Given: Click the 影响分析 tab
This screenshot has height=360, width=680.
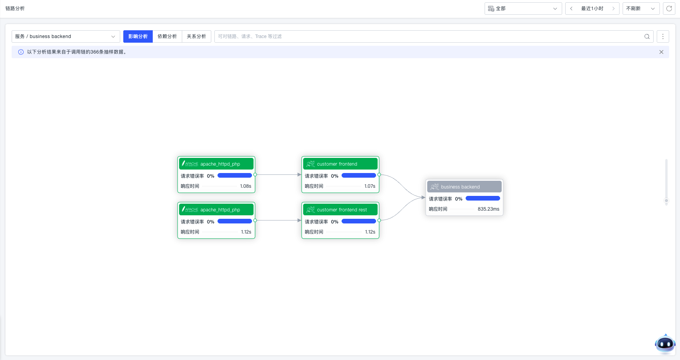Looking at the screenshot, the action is pyautogui.click(x=138, y=36).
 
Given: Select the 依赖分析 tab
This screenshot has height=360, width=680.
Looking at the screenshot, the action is pyautogui.click(x=167, y=36).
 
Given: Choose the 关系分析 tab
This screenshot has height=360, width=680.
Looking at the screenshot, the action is pyautogui.click(x=196, y=36).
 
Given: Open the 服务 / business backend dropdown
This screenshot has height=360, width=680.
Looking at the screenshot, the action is pyautogui.click(x=66, y=36).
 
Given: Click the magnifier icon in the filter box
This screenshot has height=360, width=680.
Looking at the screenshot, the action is pyautogui.click(x=647, y=36).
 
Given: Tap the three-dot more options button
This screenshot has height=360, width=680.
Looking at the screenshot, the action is pyautogui.click(x=663, y=36).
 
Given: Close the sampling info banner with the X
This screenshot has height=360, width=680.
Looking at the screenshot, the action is pyautogui.click(x=661, y=52).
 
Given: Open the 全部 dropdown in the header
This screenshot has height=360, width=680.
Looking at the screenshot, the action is pyautogui.click(x=523, y=9).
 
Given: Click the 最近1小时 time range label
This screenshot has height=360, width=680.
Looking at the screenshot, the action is pyautogui.click(x=592, y=9).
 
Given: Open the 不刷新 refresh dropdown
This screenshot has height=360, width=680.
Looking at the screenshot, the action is pyautogui.click(x=641, y=9).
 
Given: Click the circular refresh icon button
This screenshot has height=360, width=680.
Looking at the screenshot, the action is pyautogui.click(x=669, y=9).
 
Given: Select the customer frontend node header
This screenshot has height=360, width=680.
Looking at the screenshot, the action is pyautogui.click(x=340, y=164).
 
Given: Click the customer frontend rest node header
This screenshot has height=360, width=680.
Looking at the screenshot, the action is pyautogui.click(x=340, y=210).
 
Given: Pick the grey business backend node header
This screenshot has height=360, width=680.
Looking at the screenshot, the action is pyautogui.click(x=464, y=187).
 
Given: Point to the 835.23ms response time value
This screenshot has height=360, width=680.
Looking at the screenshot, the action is pyautogui.click(x=488, y=209).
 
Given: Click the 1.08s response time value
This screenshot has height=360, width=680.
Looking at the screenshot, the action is pyautogui.click(x=245, y=186).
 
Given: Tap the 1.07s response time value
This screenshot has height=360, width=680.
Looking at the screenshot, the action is pyautogui.click(x=369, y=186).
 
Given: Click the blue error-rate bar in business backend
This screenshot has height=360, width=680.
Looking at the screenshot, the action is pyautogui.click(x=483, y=199).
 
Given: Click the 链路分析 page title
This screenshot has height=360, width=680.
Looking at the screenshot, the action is pyautogui.click(x=15, y=9).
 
